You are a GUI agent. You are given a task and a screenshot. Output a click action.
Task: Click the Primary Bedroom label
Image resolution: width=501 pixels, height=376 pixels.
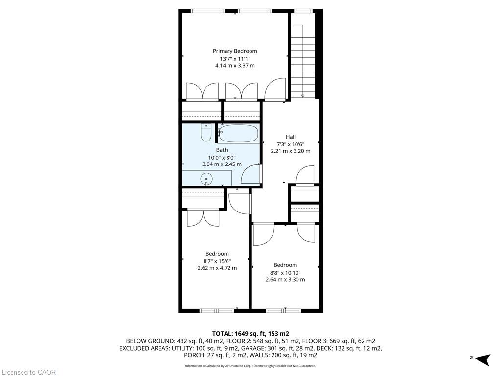coord(235,51)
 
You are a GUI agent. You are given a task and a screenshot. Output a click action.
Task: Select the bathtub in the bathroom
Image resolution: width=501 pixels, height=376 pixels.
coord(239,134)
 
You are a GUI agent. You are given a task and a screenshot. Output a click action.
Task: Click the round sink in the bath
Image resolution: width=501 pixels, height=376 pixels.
coord(207,179)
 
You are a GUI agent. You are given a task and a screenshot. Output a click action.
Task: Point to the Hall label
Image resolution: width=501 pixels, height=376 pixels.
coord(291,137)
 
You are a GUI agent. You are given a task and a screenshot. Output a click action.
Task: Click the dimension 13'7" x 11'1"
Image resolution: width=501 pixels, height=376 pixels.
coord(235,59)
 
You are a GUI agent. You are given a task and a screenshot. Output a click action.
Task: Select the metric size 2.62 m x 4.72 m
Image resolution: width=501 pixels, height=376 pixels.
coord(217,268)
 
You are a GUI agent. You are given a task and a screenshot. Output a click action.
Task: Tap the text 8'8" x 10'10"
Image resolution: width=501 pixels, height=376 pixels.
coord(285,273)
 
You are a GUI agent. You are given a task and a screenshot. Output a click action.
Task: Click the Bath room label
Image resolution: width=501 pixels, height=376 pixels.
coord(222,150)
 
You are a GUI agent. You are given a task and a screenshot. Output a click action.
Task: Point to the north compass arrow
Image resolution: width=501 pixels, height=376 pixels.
coord(482,359)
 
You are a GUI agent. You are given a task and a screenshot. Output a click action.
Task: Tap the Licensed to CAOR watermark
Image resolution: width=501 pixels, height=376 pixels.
coord(28,372)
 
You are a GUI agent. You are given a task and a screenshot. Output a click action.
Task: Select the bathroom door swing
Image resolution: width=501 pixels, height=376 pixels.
coord(251,174)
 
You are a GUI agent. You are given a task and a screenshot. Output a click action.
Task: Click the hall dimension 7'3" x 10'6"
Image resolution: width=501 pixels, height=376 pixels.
coord(291,144)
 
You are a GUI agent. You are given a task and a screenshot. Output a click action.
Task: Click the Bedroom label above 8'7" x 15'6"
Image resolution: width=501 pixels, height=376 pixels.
coord(217,254)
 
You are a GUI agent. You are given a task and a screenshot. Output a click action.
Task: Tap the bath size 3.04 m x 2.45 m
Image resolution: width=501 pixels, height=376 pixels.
coord(222,164)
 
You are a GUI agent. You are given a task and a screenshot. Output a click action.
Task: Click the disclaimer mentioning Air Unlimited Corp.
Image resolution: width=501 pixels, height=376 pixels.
coord(250,366)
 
